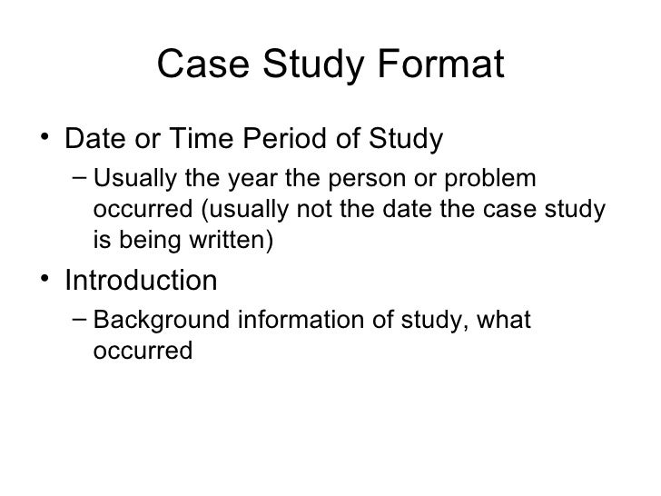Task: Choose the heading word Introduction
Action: coord(141,280)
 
